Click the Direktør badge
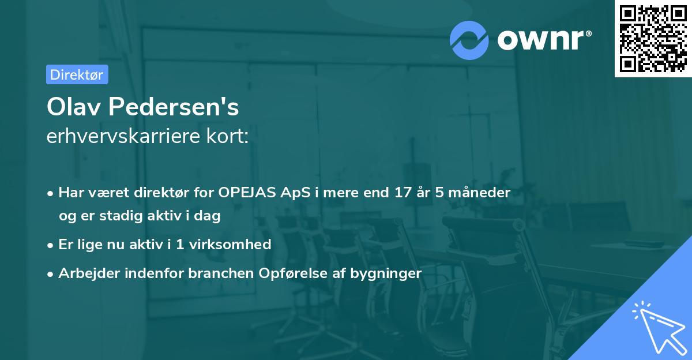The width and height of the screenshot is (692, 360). click(x=77, y=74)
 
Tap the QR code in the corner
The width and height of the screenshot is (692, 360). click(x=653, y=38)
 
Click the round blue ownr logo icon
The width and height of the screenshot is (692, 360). click(x=469, y=40)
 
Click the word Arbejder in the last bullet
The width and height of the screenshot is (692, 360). click(x=85, y=273)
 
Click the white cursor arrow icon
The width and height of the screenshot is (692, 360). click(x=657, y=327)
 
